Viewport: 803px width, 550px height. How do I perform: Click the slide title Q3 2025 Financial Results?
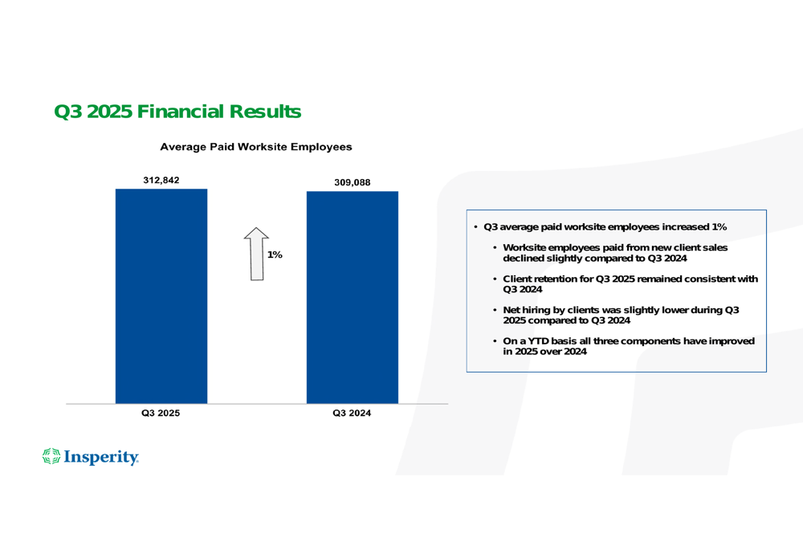[x=177, y=112]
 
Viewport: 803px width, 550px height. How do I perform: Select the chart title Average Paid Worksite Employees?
[x=255, y=147]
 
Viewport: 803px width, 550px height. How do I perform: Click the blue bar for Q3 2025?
[x=161, y=297]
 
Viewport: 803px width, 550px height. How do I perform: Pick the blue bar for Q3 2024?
[x=352, y=297]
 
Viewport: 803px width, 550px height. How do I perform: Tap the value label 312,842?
[x=161, y=180]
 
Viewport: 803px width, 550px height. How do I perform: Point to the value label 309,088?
[x=353, y=182]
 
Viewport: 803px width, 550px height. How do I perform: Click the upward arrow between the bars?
[x=256, y=254]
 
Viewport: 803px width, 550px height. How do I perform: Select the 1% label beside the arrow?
[x=275, y=255]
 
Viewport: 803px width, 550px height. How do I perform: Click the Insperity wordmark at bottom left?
[x=101, y=458]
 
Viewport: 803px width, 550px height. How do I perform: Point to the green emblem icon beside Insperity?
[x=51, y=457]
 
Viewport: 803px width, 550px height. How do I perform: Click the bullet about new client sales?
[x=614, y=253]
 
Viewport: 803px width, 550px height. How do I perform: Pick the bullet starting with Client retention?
[x=630, y=284]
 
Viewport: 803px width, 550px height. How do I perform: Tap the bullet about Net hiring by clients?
[x=620, y=316]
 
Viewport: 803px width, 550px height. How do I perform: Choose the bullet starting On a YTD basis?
[x=628, y=347]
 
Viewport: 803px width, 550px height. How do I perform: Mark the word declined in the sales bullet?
[x=523, y=259]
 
